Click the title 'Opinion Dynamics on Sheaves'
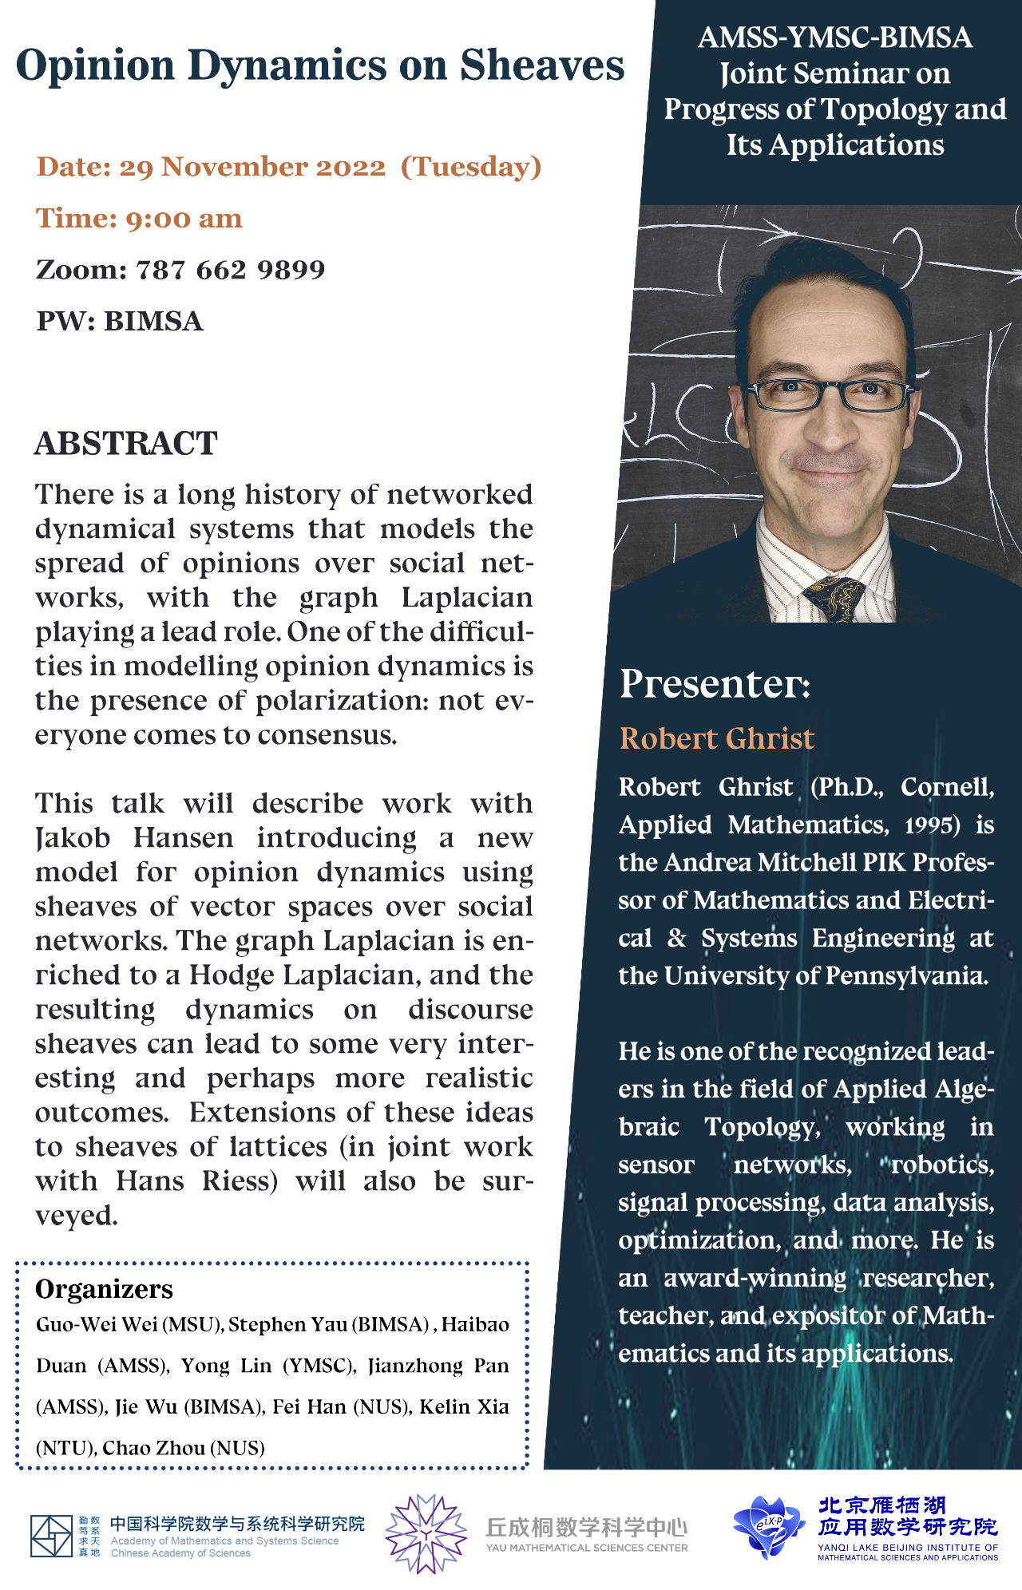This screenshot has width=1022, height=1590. [319, 65]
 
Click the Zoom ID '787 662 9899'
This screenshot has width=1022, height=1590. [230, 270]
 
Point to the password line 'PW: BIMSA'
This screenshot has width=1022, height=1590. [120, 321]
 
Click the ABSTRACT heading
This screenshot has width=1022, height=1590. [126, 444]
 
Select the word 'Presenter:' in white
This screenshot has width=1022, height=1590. [715, 684]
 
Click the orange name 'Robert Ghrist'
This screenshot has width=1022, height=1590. [716, 738]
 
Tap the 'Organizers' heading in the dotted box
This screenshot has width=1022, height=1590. [104, 1289]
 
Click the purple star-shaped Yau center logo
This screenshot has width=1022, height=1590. [426, 1533]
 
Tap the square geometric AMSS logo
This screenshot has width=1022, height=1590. [51, 1536]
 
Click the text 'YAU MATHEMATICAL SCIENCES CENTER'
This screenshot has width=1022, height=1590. [587, 1548]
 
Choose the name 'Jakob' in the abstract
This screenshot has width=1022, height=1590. [73, 838]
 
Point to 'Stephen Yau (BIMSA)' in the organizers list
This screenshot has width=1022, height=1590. [329, 1325]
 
